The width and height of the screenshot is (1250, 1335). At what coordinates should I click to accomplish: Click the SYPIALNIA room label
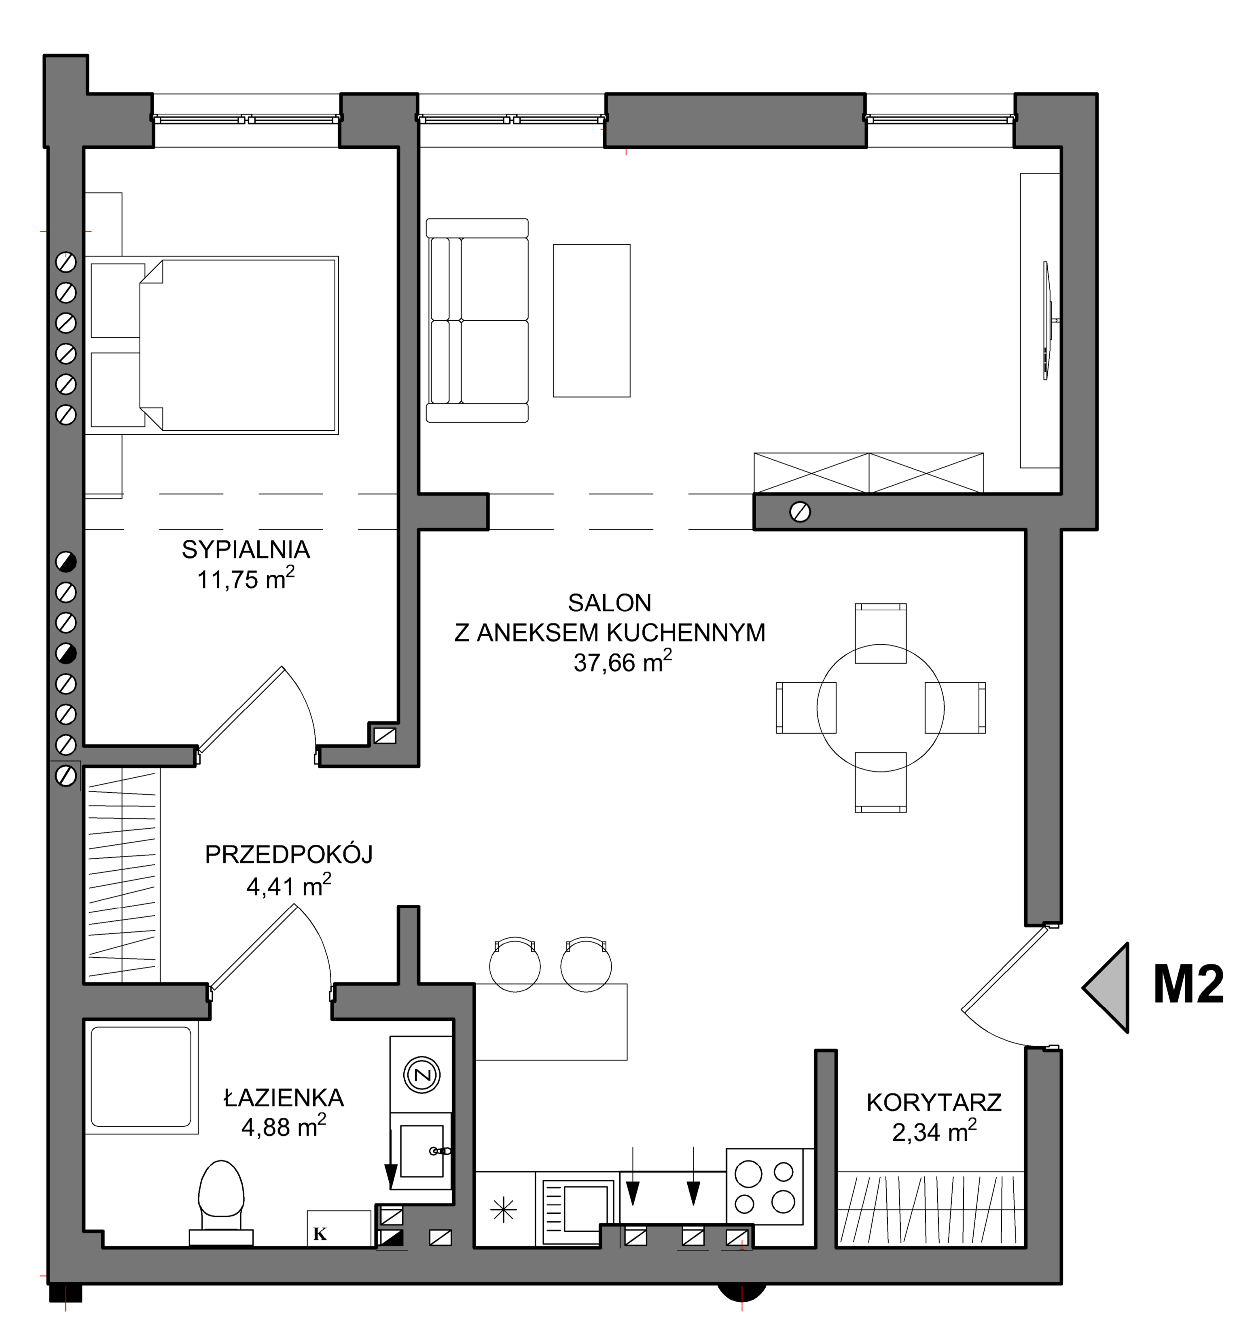(246, 550)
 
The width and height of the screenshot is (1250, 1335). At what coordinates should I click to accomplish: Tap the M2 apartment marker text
(1188, 985)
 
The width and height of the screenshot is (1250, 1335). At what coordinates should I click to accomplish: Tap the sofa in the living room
(478, 320)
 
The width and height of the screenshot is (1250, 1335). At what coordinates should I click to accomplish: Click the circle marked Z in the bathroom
(421, 1075)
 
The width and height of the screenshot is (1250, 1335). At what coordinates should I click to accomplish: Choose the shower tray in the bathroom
(142, 1077)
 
